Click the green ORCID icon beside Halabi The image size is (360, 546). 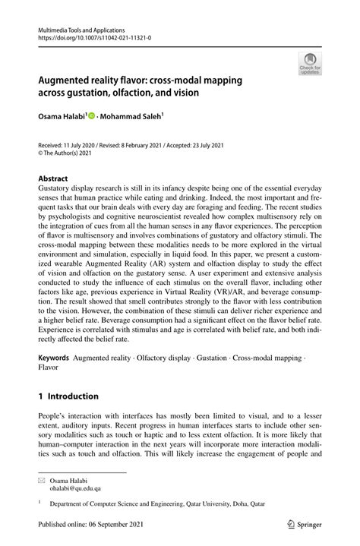point(92,117)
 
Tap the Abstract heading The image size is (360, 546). point(54,178)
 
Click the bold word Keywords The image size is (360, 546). point(54,356)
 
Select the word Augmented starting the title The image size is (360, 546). point(68,78)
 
